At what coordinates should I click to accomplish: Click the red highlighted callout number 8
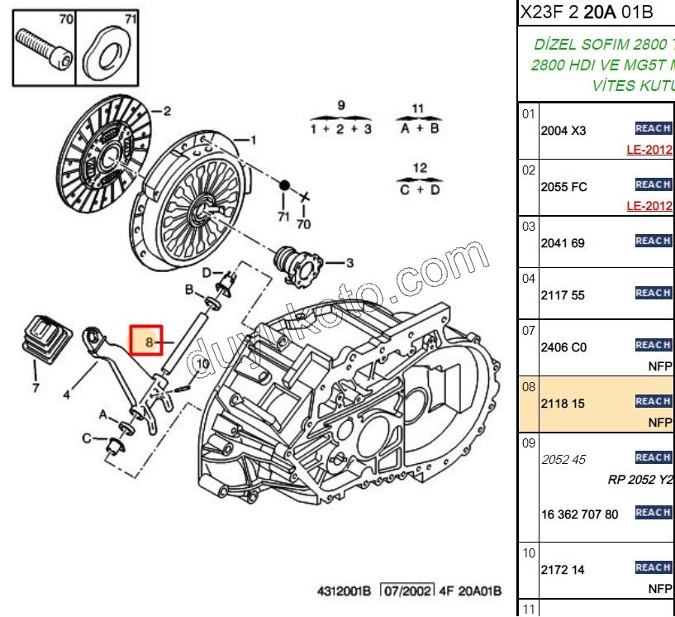click(150, 341)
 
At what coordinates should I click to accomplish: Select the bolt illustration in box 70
click(41, 46)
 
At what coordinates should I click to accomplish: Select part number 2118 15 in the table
click(562, 404)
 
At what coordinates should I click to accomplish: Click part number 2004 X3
click(563, 131)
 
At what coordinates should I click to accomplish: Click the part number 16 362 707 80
click(579, 514)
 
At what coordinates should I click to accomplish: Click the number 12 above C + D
click(420, 168)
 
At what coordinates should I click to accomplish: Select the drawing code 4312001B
click(345, 591)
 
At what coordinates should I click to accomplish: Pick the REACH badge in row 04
click(653, 293)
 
